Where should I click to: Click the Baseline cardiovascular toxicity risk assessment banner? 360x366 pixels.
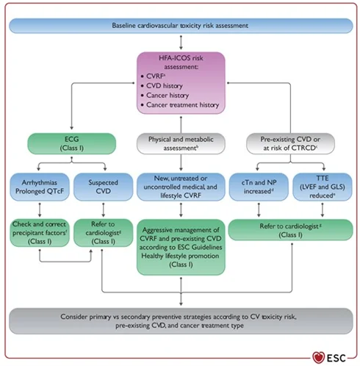[x=179, y=26]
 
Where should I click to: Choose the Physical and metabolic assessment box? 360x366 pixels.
[x=180, y=143]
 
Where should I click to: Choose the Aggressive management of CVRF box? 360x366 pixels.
[x=180, y=246]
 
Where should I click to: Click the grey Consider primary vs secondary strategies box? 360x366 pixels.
[x=180, y=321]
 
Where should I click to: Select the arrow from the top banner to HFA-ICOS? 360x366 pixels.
[x=180, y=42]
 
